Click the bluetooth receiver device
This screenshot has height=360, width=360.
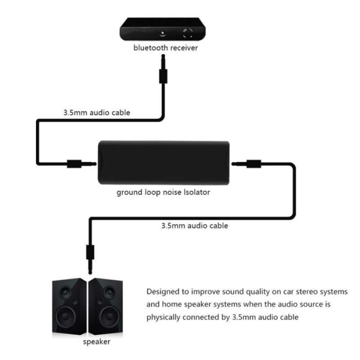(x=164, y=29)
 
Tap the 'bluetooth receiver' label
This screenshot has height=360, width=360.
(x=165, y=47)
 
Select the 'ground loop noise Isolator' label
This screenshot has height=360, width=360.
(x=163, y=193)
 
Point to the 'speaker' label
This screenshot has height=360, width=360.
(x=96, y=342)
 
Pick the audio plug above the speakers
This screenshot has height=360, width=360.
(x=89, y=256)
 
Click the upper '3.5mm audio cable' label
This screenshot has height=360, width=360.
(x=97, y=112)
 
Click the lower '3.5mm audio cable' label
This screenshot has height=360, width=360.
(x=194, y=225)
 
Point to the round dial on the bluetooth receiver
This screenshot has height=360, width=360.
(x=188, y=32)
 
